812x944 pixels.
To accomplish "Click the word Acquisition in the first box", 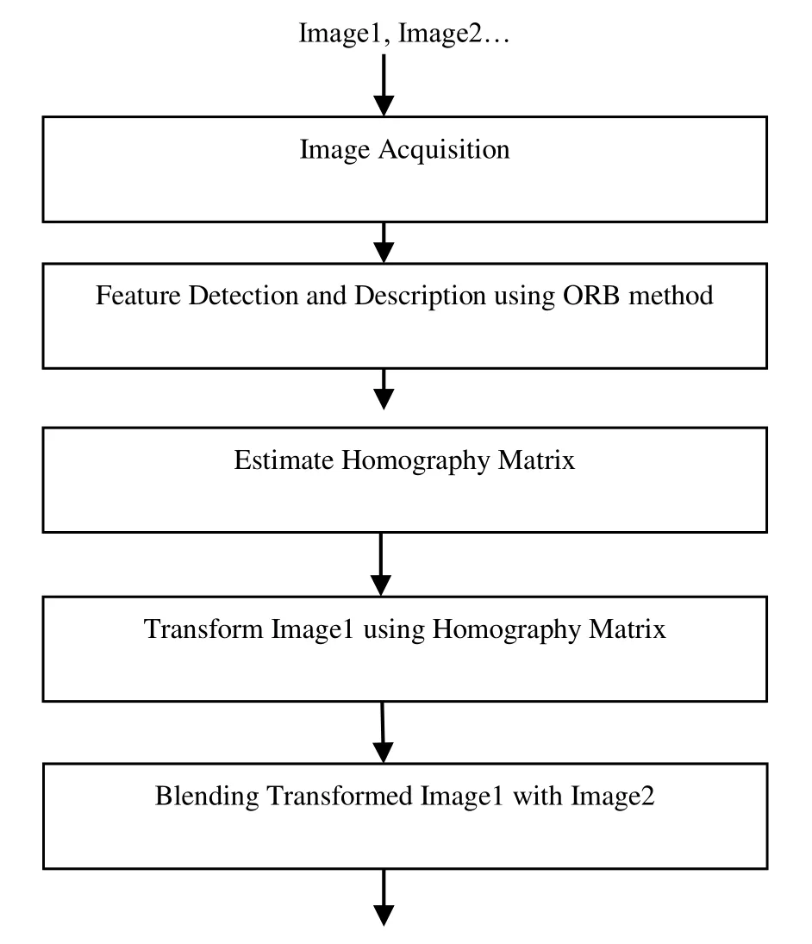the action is coord(444,150).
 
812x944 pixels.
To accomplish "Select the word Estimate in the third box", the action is coord(284,460).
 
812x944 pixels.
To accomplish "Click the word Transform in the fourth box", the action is coord(203,629).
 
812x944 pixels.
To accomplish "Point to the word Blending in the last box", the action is coord(207,797).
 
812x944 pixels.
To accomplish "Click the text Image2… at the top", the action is coord(454,33).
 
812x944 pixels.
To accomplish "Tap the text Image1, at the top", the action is coord(344,33).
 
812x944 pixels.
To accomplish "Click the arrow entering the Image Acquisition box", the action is coord(384,84).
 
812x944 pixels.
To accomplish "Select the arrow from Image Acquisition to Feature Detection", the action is coord(384,242).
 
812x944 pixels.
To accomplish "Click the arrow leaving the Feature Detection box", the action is coord(384,389).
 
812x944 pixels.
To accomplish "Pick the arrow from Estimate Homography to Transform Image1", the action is coord(381,565).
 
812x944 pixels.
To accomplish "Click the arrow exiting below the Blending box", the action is coord(384,897).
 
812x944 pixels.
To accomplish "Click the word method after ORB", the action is coord(671,296).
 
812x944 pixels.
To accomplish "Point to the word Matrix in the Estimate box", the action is coord(536,460).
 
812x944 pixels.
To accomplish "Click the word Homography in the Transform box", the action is coord(507,629).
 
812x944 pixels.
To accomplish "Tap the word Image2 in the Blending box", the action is coord(612,797).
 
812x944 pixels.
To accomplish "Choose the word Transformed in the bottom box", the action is coord(340,796).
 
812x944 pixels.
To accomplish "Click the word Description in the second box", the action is coord(420,297).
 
